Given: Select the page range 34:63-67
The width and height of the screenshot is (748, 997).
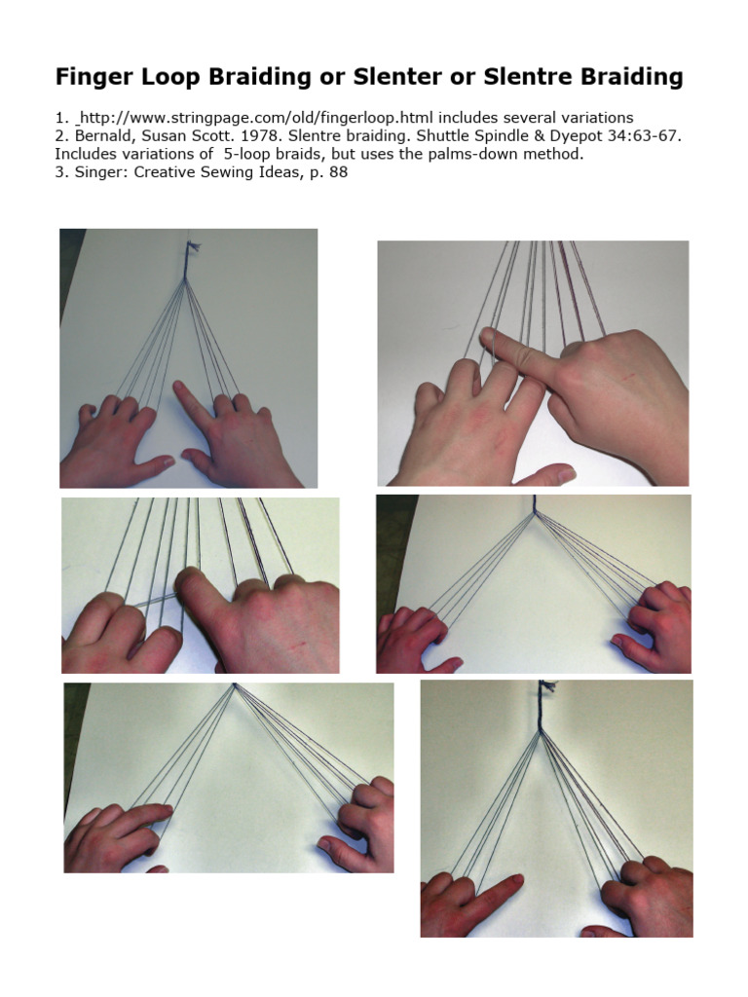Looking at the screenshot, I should click(636, 136).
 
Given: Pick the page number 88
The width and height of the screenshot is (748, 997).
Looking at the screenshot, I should click(338, 172).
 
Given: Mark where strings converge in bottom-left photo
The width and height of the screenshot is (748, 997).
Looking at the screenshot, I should click(235, 686).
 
